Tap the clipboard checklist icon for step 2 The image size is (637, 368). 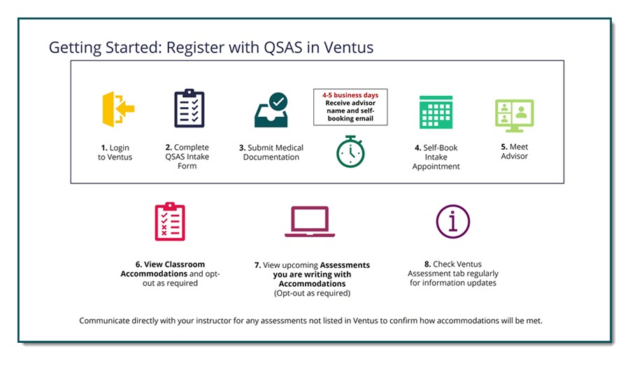tap(189, 108)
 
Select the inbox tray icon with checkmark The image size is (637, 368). tap(271, 110)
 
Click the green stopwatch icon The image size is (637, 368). tap(350, 151)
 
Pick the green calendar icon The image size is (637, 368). tap(436, 111)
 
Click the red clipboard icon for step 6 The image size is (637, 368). tap(169, 222)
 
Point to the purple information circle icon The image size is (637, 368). tap(452, 222)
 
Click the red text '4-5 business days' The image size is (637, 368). tap(350, 94)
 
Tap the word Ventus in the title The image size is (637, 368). tap(348, 48)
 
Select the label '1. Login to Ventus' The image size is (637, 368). tap(115, 153)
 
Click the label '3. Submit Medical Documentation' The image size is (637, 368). tap(271, 153)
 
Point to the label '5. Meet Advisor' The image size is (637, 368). tap(514, 152)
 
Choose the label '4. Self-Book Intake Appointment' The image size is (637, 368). tap(436, 157)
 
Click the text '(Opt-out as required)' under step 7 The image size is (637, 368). tap(312, 293)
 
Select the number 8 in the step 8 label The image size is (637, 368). tap(427, 264)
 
